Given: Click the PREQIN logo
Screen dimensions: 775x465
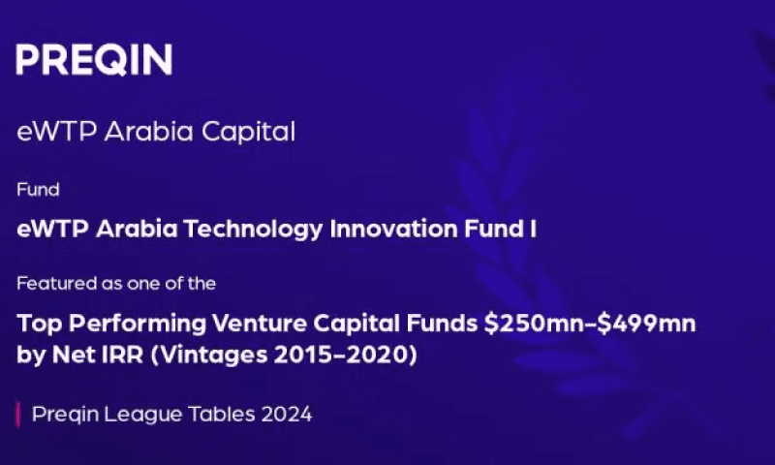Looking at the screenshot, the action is pyautogui.click(x=94, y=59).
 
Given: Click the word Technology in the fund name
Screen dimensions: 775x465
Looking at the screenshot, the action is pyautogui.click(x=253, y=230).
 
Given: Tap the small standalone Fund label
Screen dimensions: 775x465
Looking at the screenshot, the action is pyautogui.click(x=38, y=189).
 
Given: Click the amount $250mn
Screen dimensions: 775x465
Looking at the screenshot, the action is pyautogui.click(x=539, y=324).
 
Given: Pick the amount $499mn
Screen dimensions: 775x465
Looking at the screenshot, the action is pyautogui.click(x=646, y=324).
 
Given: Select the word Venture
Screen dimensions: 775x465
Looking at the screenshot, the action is pyautogui.click(x=260, y=324).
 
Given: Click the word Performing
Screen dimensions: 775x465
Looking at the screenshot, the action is pyautogui.click(x=138, y=325).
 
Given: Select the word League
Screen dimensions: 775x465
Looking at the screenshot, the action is pyautogui.click(x=142, y=415).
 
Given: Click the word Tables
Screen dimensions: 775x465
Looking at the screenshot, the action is pyautogui.click(x=222, y=414).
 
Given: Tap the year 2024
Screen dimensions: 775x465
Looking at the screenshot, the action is pyautogui.click(x=287, y=414).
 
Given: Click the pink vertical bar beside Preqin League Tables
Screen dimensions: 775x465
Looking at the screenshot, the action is pyautogui.click(x=18, y=414).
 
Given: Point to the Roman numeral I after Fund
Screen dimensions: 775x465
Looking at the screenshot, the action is pyautogui.click(x=533, y=229).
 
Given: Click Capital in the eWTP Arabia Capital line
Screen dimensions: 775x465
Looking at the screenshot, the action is pyautogui.click(x=248, y=133).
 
